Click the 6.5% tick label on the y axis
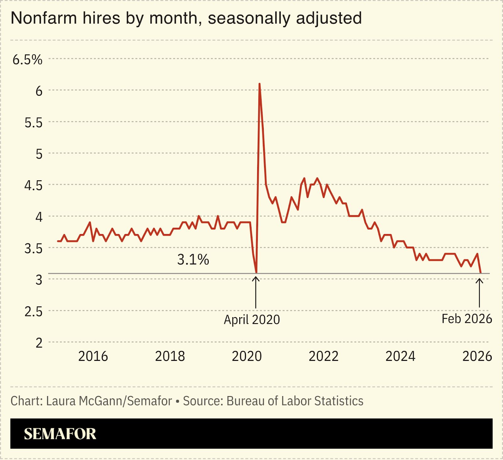click(x=27, y=59)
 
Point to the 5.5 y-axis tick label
click(x=33, y=123)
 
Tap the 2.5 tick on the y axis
click(x=33, y=311)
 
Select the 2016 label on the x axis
click(x=93, y=356)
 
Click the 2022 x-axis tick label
click(x=323, y=356)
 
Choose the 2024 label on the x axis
click(x=400, y=356)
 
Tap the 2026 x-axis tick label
click(x=477, y=356)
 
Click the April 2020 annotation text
click(x=251, y=320)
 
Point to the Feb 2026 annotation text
click(x=467, y=319)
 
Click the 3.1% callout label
click(x=193, y=260)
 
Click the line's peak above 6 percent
click(x=259, y=84)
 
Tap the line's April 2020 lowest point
click(x=256, y=272)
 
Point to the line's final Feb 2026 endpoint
click(x=480, y=272)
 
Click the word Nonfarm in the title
click(x=44, y=18)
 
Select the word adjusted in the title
click(x=329, y=18)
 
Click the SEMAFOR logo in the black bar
click(x=60, y=434)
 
